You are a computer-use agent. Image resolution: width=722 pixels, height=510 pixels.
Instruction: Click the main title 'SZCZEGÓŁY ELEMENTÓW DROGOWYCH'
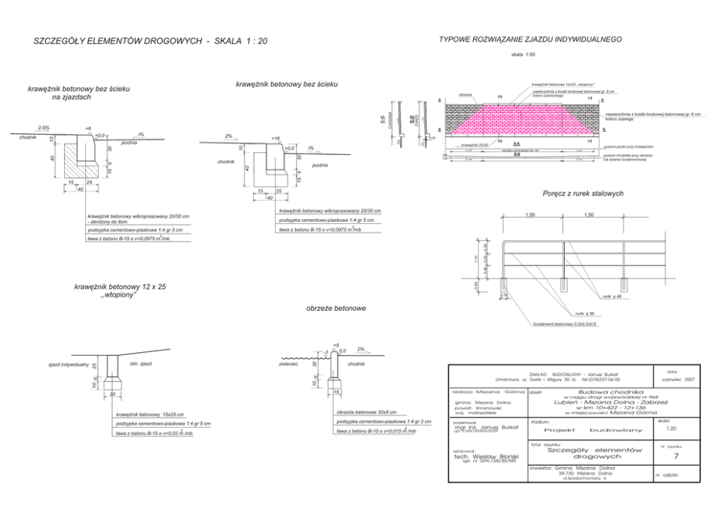(x=116, y=41)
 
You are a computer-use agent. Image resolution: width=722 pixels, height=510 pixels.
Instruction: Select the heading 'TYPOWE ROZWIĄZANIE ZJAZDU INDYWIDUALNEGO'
(x=529, y=38)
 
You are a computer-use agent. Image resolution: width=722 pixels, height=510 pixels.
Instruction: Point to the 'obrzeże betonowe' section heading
(x=336, y=309)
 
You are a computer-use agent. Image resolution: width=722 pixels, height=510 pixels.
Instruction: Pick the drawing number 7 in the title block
(x=676, y=457)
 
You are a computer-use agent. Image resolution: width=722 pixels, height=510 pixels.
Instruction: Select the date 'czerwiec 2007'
(x=678, y=379)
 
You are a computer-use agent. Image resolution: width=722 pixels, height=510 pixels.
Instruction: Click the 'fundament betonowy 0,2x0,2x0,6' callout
(x=564, y=324)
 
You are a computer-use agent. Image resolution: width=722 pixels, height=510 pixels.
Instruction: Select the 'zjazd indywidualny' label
(x=68, y=364)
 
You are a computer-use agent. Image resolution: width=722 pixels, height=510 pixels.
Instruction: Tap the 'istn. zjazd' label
(x=140, y=363)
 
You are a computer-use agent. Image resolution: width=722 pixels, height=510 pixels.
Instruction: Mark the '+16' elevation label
(x=274, y=138)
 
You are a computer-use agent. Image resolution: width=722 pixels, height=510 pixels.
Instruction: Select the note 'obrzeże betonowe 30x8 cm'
(x=367, y=412)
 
